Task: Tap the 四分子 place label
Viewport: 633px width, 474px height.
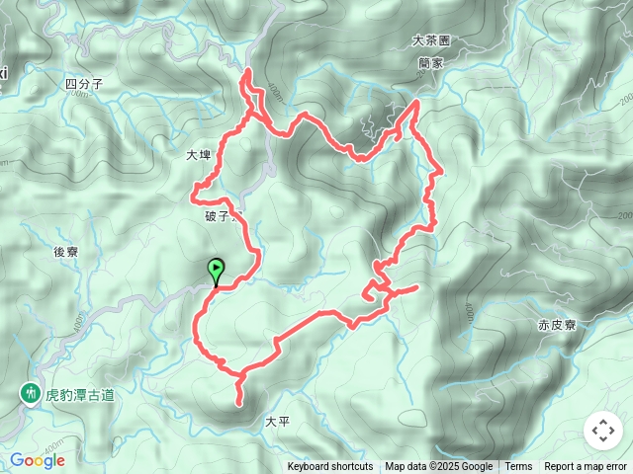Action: pyautogui.click(x=83, y=85)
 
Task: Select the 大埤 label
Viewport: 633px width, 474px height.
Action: pyautogui.click(x=199, y=155)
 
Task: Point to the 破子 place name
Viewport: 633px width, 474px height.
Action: pyautogui.click(x=215, y=216)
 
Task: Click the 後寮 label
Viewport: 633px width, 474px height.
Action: pyautogui.click(x=65, y=252)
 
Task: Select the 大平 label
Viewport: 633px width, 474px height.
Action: pyautogui.click(x=278, y=421)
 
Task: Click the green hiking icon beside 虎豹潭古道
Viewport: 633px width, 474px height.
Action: pyautogui.click(x=30, y=394)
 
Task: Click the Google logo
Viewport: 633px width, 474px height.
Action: pyautogui.click(x=37, y=460)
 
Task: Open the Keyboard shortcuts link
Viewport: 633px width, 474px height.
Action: pyautogui.click(x=330, y=467)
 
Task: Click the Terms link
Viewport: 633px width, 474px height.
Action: pyautogui.click(x=518, y=467)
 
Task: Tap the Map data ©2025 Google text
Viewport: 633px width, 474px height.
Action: pyautogui.click(x=438, y=467)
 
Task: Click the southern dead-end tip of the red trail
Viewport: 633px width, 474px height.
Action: pyautogui.click(x=238, y=402)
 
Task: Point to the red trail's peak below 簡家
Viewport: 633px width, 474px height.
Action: pyautogui.click(x=415, y=102)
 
